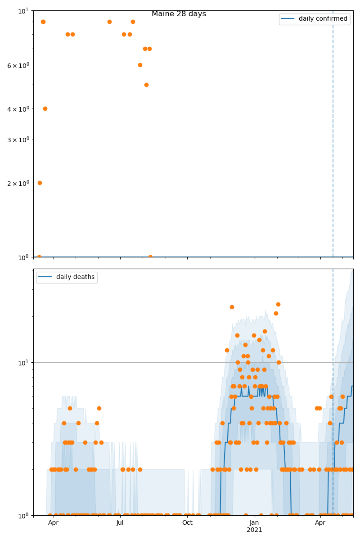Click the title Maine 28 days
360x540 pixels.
[x=179, y=14]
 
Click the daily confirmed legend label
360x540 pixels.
[x=323, y=19]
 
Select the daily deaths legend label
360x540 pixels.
[x=75, y=277]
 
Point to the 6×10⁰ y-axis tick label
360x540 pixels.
[x=18, y=65]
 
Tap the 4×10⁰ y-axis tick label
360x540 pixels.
[x=18, y=109]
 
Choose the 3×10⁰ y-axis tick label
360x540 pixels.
[x=18, y=139]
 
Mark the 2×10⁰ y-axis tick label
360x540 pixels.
[x=18, y=183]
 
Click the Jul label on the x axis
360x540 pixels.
[x=120, y=523]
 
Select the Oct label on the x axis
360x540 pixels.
[x=187, y=523]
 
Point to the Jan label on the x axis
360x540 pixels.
[x=254, y=523]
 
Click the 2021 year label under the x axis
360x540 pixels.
[x=254, y=530]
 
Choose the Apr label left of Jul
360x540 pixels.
[x=54, y=523]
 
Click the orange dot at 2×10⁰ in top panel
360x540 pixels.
[x=40, y=183]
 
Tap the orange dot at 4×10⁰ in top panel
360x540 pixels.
[x=45, y=108]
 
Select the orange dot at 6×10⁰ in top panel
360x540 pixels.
[x=140, y=65]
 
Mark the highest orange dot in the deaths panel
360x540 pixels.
[x=278, y=304]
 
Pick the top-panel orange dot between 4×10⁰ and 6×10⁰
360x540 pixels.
[x=146, y=85]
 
